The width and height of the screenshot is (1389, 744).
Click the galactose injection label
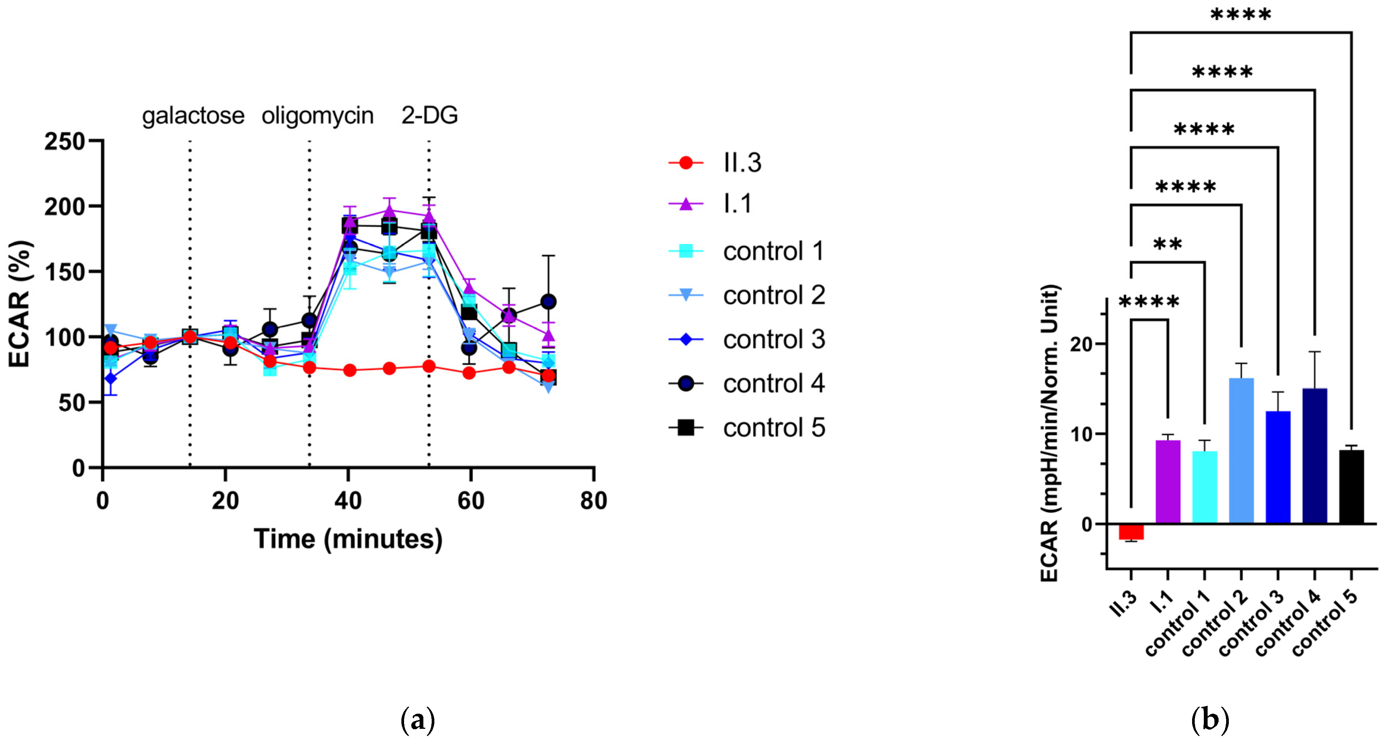[x=193, y=116]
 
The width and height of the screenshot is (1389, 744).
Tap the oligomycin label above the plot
[x=318, y=116]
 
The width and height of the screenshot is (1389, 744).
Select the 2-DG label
[x=429, y=116]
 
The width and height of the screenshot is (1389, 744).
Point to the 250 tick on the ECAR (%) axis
[x=65, y=141]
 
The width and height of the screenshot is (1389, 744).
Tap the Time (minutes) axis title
[x=348, y=539]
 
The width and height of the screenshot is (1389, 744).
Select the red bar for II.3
[x=1131, y=531]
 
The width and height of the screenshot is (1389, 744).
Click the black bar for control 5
[x=1351, y=487]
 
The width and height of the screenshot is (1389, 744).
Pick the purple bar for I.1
[x=1168, y=482]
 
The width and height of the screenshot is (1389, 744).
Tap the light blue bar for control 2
[x=1241, y=451]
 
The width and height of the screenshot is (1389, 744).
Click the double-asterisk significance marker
[x=1167, y=244]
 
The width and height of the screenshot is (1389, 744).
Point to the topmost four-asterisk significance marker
[x=1241, y=14]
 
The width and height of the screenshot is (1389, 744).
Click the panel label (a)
[x=418, y=720]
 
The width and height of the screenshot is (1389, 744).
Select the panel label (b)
[x=1210, y=720]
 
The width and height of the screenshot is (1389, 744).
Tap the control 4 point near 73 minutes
[x=548, y=302]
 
